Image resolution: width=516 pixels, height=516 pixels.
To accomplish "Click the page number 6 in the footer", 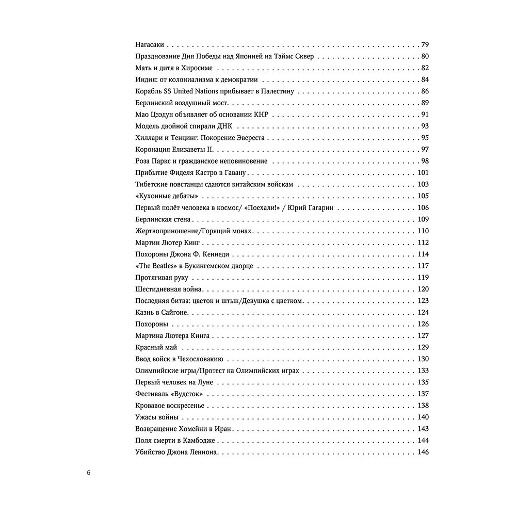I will [x=89, y=472].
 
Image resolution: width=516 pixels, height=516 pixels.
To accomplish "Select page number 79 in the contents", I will [x=425, y=44].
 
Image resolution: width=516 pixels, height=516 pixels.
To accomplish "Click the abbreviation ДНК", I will [x=262, y=126].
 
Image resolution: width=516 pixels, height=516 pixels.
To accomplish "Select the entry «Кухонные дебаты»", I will [x=167, y=196].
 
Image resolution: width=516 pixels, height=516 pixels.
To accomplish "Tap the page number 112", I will [x=423, y=243].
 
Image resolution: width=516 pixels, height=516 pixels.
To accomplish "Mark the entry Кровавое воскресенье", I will [x=170, y=406].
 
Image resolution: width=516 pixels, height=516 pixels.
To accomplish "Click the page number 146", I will [x=423, y=453].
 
